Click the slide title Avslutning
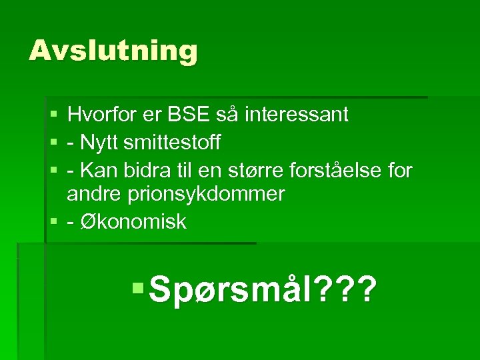point(113,51)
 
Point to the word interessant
point(297,115)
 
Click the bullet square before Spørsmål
point(138,289)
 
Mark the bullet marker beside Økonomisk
point(54,223)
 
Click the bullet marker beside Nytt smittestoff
point(54,143)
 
